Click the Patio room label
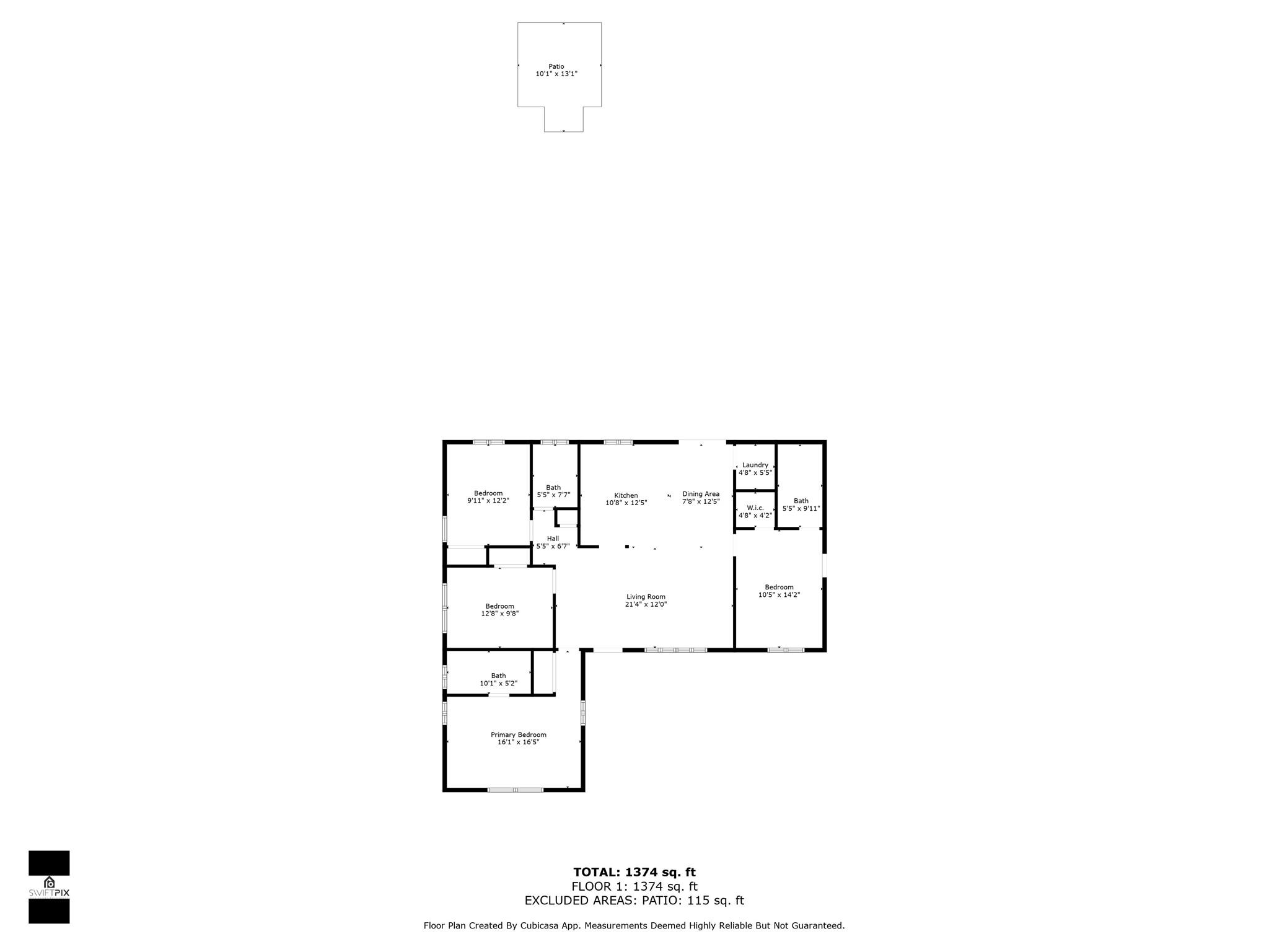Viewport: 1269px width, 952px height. [556, 66]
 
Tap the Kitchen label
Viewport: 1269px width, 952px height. [626, 495]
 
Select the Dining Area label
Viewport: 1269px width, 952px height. [701, 494]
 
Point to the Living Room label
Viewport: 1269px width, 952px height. [646, 597]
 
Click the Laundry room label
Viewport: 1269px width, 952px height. [755, 465]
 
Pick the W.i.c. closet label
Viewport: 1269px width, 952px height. [755, 508]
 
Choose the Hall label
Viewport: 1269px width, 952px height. [553, 539]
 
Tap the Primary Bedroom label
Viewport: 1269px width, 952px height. [519, 734]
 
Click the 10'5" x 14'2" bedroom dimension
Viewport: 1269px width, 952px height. [779, 595]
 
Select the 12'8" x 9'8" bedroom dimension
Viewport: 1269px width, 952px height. [499, 614]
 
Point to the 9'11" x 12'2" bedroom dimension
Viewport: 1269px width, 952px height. [488, 501]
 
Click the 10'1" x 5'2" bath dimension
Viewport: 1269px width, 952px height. [498, 683]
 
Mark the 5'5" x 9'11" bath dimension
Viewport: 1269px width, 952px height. [801, 508]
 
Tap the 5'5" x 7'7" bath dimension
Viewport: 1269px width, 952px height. [553, 495]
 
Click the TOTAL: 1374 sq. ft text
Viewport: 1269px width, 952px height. [634, 873]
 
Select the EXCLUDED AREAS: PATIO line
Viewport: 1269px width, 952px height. [634, 901]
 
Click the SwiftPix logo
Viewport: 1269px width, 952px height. [49, 887]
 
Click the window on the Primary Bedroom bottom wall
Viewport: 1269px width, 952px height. [516, 790]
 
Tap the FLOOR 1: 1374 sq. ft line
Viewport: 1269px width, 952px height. [634, 887]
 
